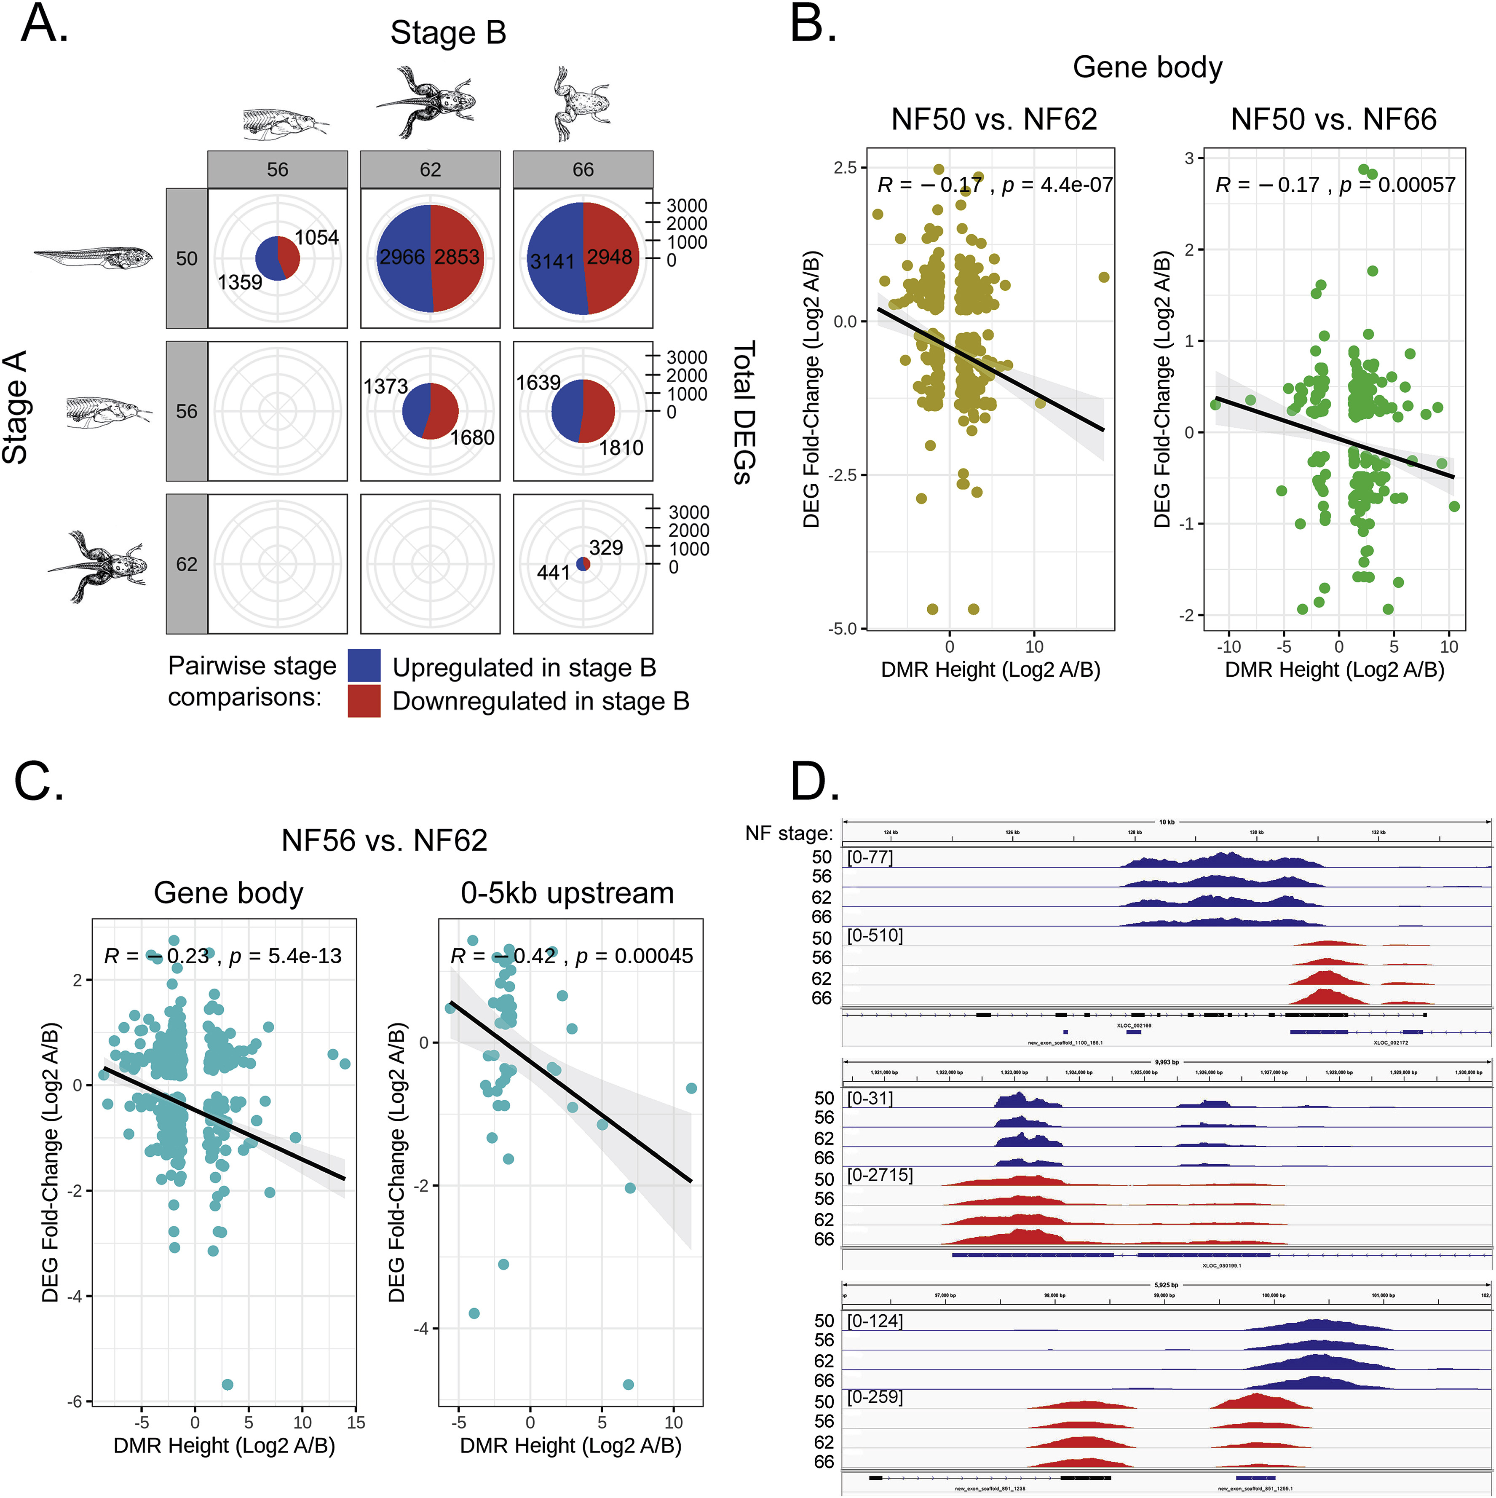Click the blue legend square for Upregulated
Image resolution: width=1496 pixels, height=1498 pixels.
(x=364, y=665)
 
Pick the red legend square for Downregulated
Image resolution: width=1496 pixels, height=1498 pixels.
(x=364, y=700)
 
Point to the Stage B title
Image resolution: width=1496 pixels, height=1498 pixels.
(x=448, y=32)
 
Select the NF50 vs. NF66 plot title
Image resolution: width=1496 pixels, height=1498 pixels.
(x=1333, y=119)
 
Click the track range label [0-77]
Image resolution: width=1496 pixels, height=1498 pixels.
(x=870, y=857)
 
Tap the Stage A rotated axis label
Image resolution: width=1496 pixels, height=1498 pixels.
(x=16, y=407)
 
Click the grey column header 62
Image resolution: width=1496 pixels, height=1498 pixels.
(x=430, y=170)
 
